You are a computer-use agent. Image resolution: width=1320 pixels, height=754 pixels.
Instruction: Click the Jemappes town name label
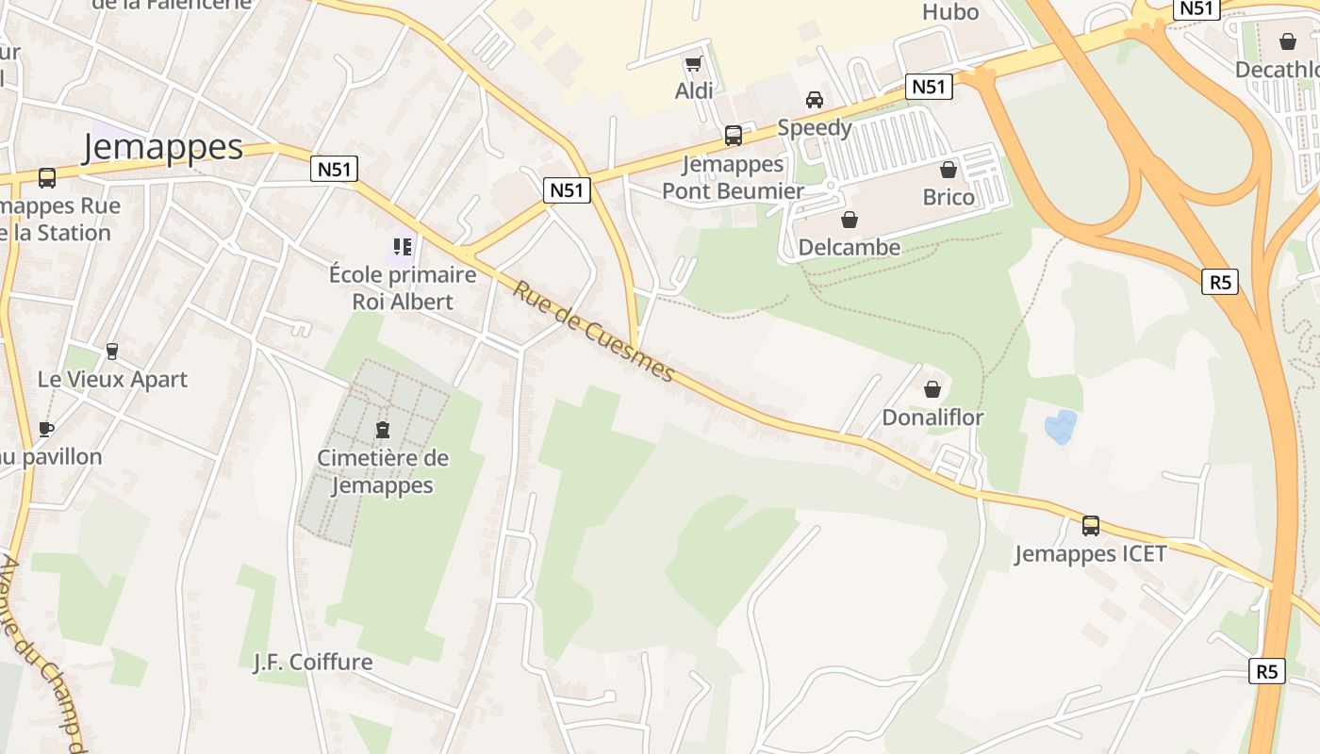pyautogui.click(x=162, y=147)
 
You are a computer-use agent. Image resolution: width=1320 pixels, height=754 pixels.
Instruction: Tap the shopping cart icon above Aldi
pyautogui.click(x=694, y=64)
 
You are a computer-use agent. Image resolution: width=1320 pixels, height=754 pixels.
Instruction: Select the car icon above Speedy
pyautogui.click(x=814, y=100)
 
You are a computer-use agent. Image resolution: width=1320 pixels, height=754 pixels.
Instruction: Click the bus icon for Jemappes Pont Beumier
pyautogui.click(x=733, y=136)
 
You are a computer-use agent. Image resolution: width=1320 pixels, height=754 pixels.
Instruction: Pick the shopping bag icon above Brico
pyautogui.click(x=949, y=170)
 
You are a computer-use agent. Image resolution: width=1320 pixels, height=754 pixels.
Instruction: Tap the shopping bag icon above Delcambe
pyautogui.click(x=849, y=220)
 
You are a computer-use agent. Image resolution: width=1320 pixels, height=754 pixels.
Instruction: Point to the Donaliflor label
pyautogui.click(x=932, y=417)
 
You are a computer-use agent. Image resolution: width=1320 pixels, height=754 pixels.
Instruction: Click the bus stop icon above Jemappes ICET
pyautogui.click(x=1090, y=526)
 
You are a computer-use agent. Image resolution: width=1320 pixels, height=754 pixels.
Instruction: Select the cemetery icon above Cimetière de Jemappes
pyautogui.click(x=383, y=431)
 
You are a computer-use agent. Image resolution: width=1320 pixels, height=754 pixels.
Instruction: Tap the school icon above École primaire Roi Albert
pyautogui.click(x=403, y=247)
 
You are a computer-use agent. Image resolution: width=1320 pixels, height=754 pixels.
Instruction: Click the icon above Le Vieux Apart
pyautogui.click(x=112, y=352)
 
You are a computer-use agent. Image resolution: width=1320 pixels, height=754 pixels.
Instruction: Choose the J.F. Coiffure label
pyautogui.click(x=313, y=662)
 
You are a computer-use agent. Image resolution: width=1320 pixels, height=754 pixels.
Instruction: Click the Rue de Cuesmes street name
pyautogui.click(x=594, y=332)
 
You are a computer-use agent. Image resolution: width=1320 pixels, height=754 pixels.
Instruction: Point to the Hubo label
pyautogui.click(x=949, y=12)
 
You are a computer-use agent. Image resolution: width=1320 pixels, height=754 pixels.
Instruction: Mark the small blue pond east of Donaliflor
pyautogui.click(x=1060, y=427)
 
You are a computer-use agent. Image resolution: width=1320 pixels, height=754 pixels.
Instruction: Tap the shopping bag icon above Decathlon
pyautogui.click(x=1287, y=41)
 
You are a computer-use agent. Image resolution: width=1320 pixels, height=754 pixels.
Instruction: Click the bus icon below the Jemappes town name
pyautogui.click(x=46, y=177)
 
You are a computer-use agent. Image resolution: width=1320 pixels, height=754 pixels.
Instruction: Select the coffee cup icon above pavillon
pyautogui.click(x=45, y=430)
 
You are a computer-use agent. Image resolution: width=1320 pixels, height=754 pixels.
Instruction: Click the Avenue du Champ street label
pyautogui.click(x=42, y=650)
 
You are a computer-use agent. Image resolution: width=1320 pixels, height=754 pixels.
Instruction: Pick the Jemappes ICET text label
pyautogui.click(x=1090, y=553)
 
